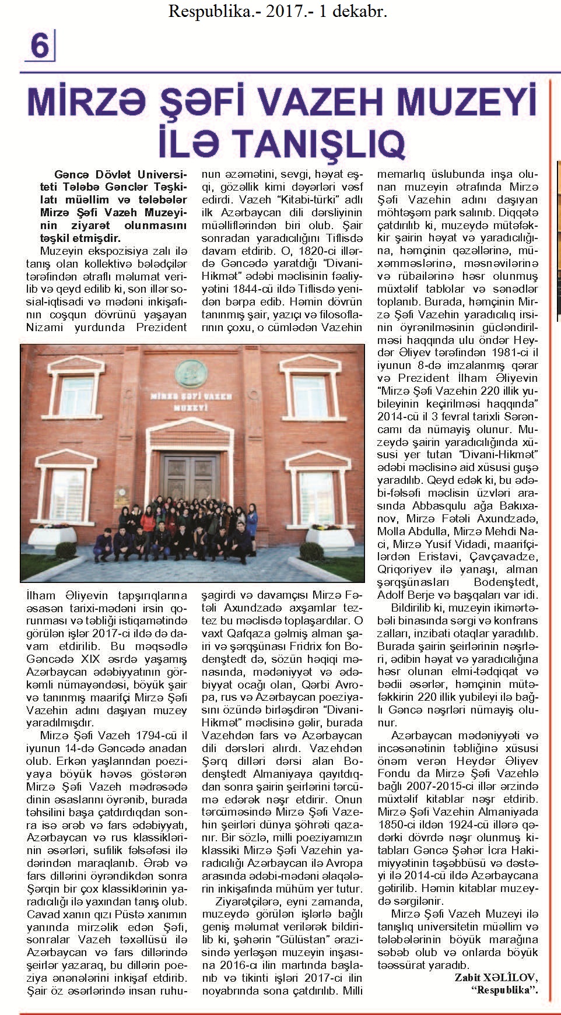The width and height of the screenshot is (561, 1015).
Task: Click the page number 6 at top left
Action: (x=38, y=45)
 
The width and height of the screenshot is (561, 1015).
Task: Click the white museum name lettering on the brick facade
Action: (x=191, y=401)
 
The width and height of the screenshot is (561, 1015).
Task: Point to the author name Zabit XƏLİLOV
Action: (x=496, y=978)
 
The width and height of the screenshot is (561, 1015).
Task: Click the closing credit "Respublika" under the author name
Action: (x=505, y=989)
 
